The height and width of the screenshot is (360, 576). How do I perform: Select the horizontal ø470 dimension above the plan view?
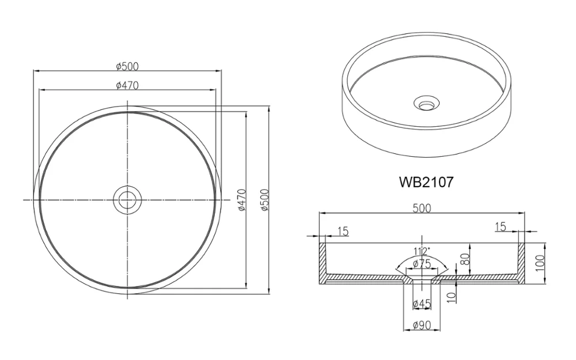pos(127,85)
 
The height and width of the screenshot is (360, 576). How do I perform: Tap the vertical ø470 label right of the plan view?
pos(242,200)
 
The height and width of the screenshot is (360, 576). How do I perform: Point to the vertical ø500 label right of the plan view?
pos(264,200)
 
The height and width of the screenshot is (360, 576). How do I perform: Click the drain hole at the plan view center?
pos(127,199)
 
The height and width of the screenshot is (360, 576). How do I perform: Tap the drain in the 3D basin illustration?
pos(426,104)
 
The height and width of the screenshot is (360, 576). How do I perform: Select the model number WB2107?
pos(426,183)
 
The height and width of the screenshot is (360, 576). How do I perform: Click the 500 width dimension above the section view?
pos(422,209)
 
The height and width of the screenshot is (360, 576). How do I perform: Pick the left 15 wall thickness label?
pos(342,231)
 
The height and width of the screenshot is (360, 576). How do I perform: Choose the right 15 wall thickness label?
pos(500,227)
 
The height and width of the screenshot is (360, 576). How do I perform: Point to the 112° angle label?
pos(422,251)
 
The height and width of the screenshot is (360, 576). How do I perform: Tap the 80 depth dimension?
pos(465,253)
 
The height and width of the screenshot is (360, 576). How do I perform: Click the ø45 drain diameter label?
pos(422,304)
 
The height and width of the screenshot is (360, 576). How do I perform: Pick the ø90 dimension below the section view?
pos(422,327)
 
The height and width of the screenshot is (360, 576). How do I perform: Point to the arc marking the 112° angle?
pos(422,257)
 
